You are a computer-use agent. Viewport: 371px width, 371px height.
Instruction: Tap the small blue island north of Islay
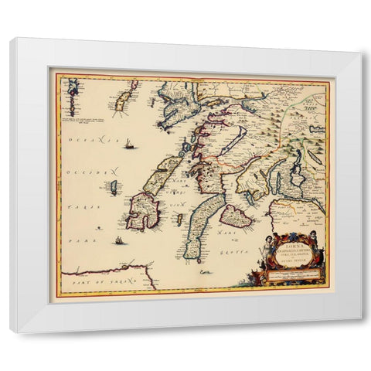[114, 187]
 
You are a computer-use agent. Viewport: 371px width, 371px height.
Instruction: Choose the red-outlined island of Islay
[141, 211]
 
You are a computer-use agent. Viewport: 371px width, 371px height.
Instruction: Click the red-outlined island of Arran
[235, 216]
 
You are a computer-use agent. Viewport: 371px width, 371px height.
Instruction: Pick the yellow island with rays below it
[121, 101]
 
